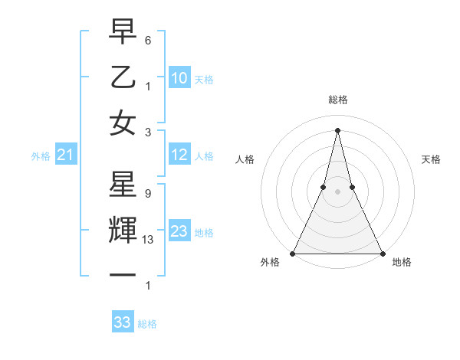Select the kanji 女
(x=123, y=123)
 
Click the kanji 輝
(x=123, y=231)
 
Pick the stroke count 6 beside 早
(x=147, y=39)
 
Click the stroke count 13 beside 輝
(x=149, y=240)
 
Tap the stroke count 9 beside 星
(x=147, y=194)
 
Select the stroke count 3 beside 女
(x=147, y=132)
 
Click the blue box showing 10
(x=179, y=78)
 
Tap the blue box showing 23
(x=179, y=231)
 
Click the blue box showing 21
(x=65, y=155)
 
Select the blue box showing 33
(x=122, y=322)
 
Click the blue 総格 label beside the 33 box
(x=147, y=324)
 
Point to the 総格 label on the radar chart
(x=337, y=100)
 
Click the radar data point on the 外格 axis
(x=293, y=253)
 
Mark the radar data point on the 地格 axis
(x=381, y=253)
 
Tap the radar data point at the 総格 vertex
(x=337, y=129)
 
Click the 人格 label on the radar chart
(x=245, y=159)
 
